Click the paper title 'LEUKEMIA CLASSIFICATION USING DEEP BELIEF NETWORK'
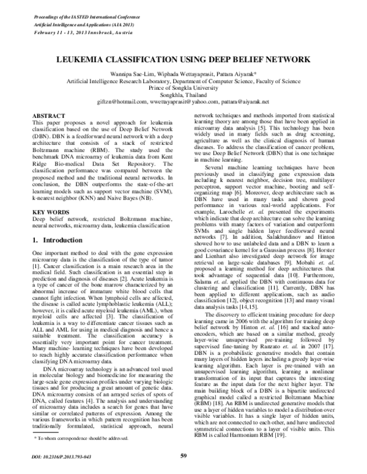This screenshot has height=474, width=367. coord(183,61)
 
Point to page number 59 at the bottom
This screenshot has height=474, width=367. coord(183,455)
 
